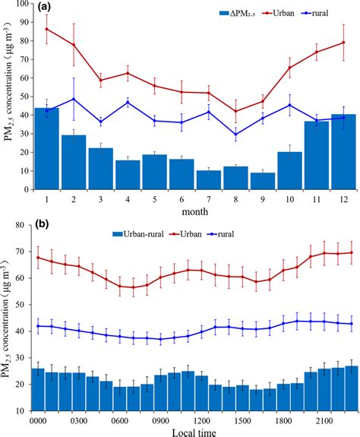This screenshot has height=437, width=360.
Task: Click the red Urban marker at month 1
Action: click(x=47, y=29)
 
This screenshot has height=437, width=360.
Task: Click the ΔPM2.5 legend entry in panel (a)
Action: click(x=204, y=12)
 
